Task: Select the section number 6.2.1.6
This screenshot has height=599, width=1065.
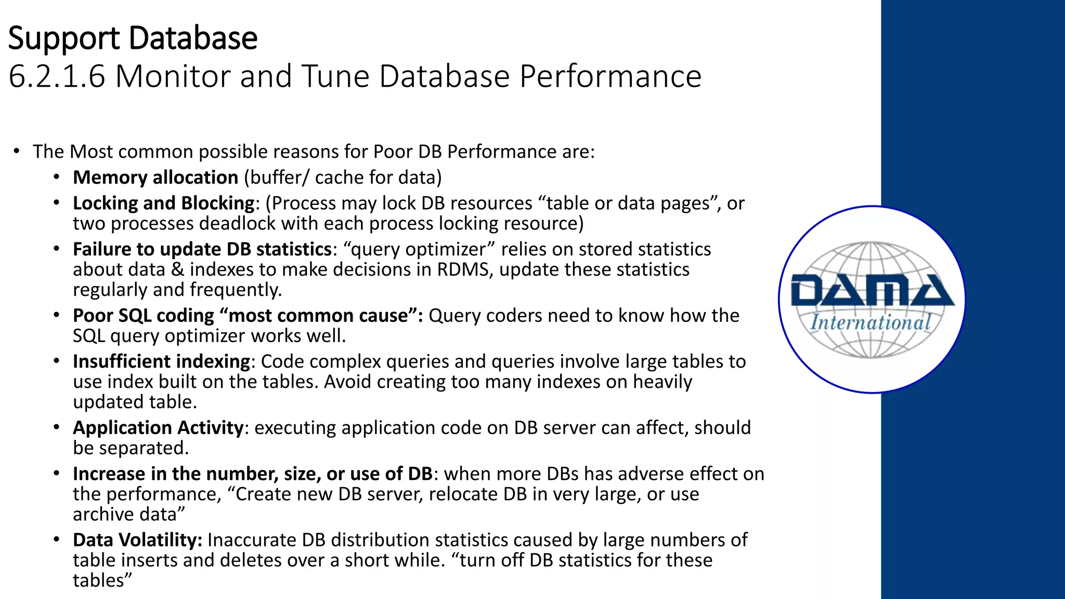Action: click(57, 76)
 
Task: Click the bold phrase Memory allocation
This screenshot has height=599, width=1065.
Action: click(155, 178)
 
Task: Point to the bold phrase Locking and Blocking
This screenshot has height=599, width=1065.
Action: click(163, 203)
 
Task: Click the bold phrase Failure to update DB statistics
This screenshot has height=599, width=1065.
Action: click(202, 250)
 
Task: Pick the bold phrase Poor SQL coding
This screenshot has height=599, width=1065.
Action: click(143, 316)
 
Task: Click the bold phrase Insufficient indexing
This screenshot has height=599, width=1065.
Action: click(161, 361)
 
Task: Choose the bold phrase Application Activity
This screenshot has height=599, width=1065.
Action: click(158, 428)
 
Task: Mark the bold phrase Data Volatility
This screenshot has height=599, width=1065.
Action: click(137, 540)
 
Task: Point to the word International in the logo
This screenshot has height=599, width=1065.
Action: click(871, 322)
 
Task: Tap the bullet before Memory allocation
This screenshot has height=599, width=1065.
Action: click(56, 177)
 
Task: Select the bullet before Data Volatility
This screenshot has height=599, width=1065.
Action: click(56, 540)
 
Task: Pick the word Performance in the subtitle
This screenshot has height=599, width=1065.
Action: click(611, 76)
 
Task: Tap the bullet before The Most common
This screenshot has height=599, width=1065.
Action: click(17, 151)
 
